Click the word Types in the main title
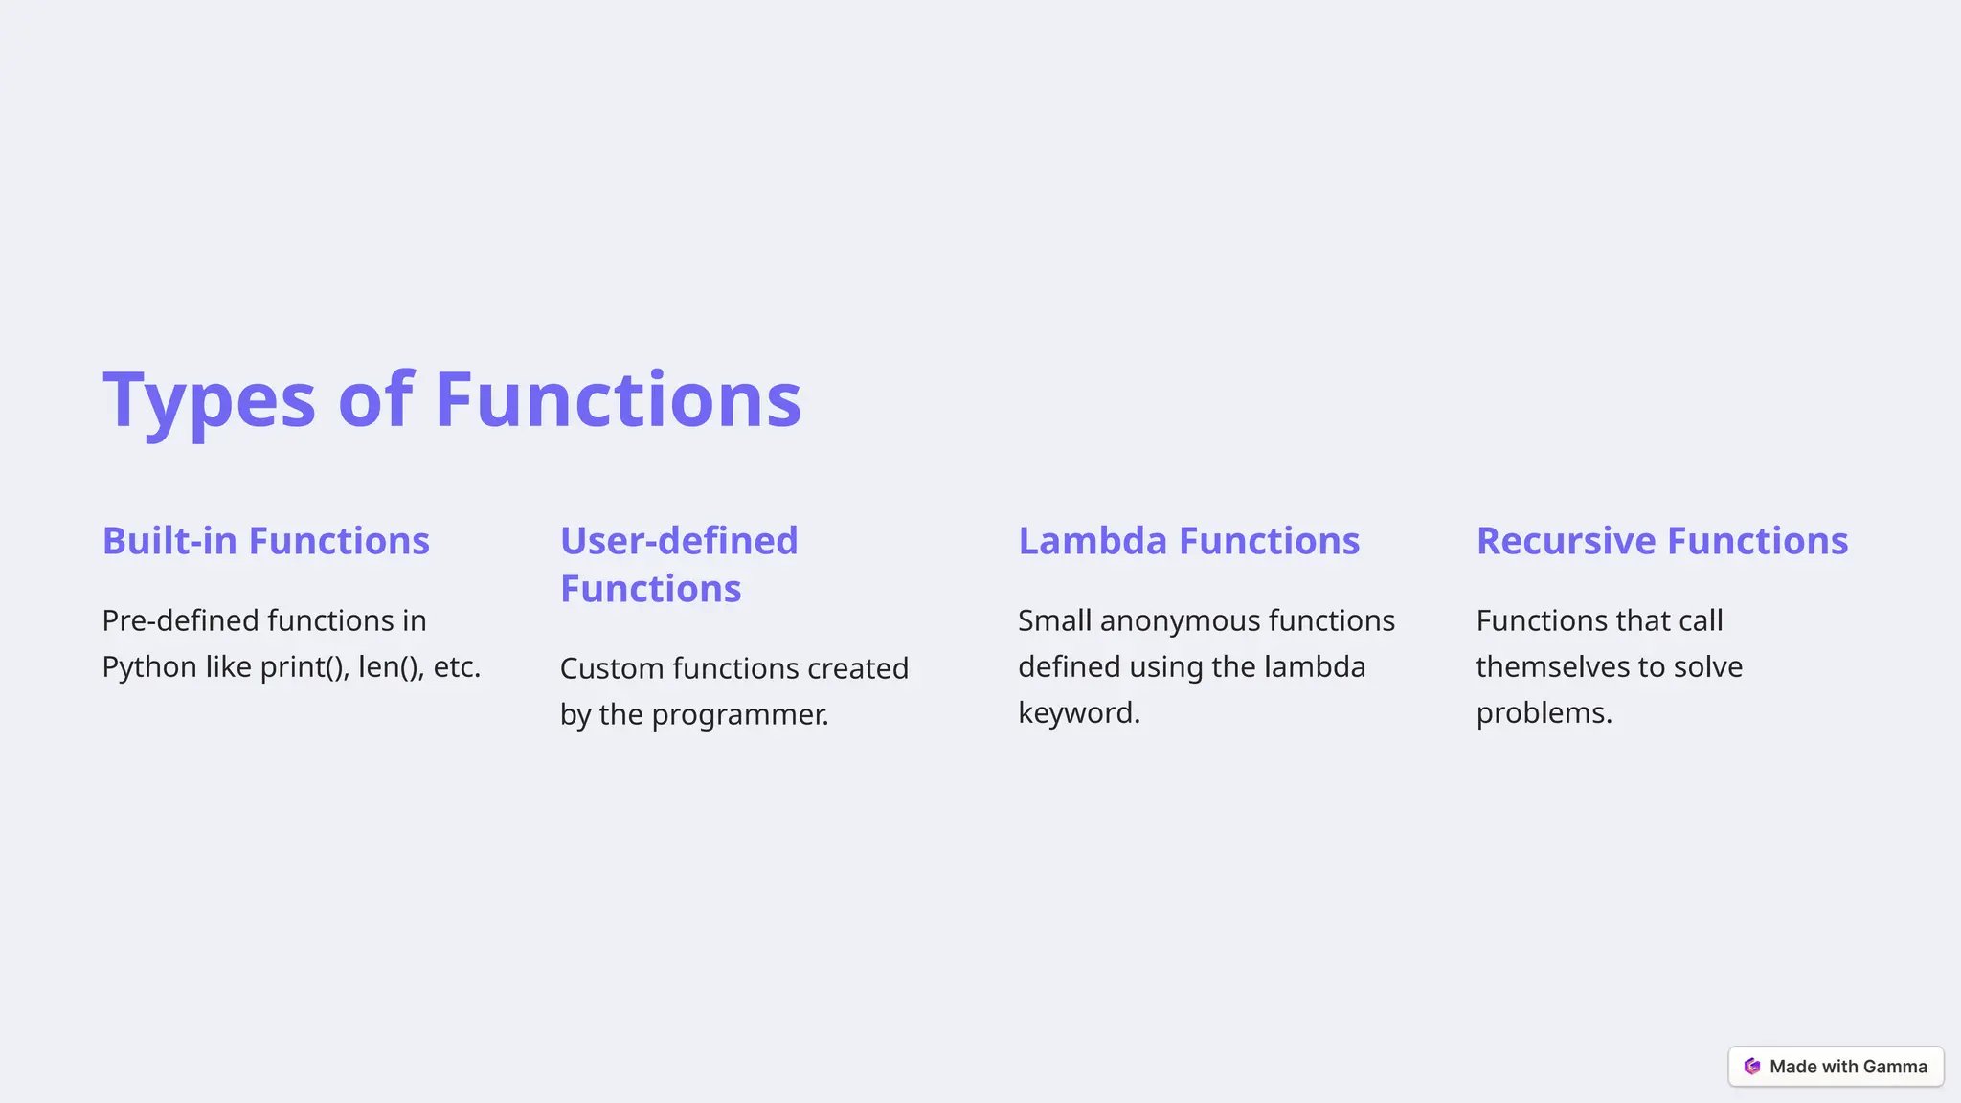click(209, 400)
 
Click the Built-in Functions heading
click(265, 541)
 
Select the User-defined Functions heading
click(678, 564)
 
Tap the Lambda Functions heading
click(1188, 541)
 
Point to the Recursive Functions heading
click(1661, 541)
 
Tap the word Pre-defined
click(180, 620)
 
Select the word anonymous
click(1180, 620)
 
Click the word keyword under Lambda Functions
click(1078, 713)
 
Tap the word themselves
click(1552, 667)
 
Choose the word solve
click(1707, 667)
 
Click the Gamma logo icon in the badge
click(1752, 1067)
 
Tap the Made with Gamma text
click(1848, 1067)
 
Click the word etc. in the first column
click(457, 667)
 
